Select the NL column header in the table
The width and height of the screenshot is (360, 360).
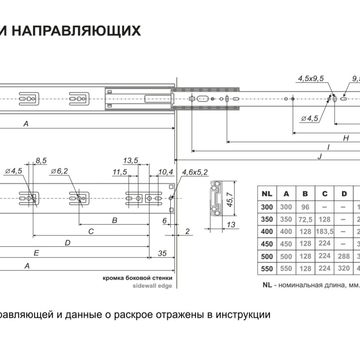266,194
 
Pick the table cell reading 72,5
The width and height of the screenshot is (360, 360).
305,219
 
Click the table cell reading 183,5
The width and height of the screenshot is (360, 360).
325,231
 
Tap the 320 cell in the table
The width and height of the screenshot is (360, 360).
344,269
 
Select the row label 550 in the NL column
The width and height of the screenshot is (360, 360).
266,269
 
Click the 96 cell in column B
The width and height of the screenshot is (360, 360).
305,207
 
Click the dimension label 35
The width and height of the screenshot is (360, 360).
162,253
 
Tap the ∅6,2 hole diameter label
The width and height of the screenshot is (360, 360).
60,171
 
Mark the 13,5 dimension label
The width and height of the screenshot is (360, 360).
131,160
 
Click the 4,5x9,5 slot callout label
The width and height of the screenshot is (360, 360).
311,79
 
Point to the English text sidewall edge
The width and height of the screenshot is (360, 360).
153,284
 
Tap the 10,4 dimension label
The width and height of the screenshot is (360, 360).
166,171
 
